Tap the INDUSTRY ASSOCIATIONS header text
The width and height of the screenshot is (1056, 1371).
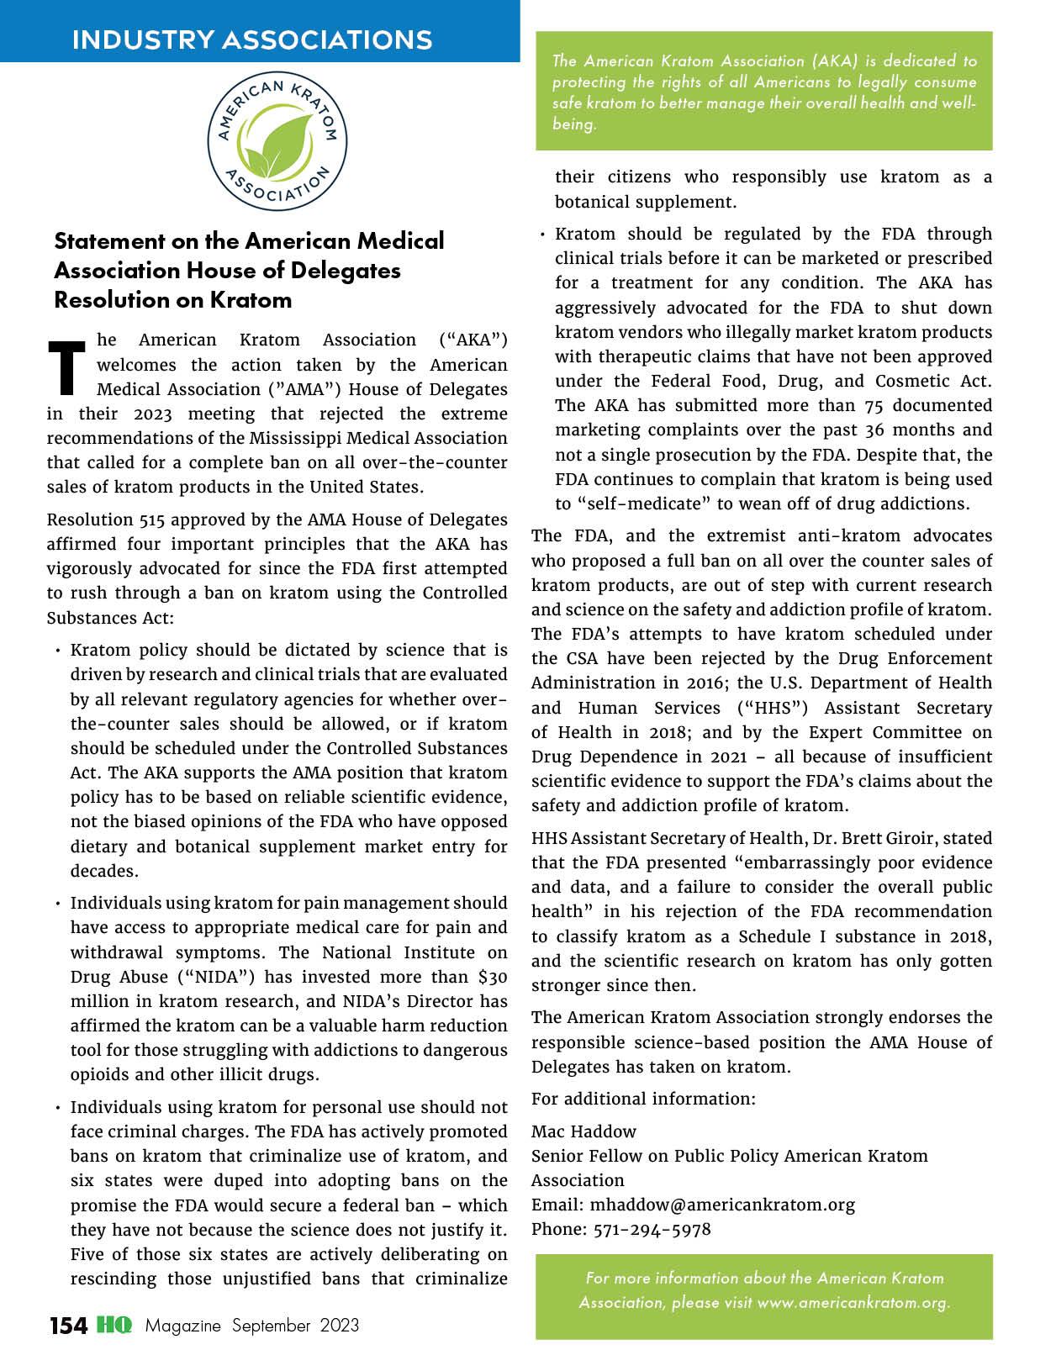[252, 40]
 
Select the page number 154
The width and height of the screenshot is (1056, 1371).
[67, 1326]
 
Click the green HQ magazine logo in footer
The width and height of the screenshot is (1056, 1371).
[114, 1326]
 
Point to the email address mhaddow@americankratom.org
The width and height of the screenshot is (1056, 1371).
[721, 1205]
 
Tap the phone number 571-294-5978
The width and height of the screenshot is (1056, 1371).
[652, 1229]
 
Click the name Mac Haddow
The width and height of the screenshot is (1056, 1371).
[583, 1131]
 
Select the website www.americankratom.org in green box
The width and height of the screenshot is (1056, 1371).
[853, 1302]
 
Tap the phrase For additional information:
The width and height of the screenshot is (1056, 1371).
[643, 1099]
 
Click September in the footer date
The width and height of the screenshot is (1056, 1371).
[272, 1326]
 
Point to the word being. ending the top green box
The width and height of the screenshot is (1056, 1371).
[574, 124]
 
